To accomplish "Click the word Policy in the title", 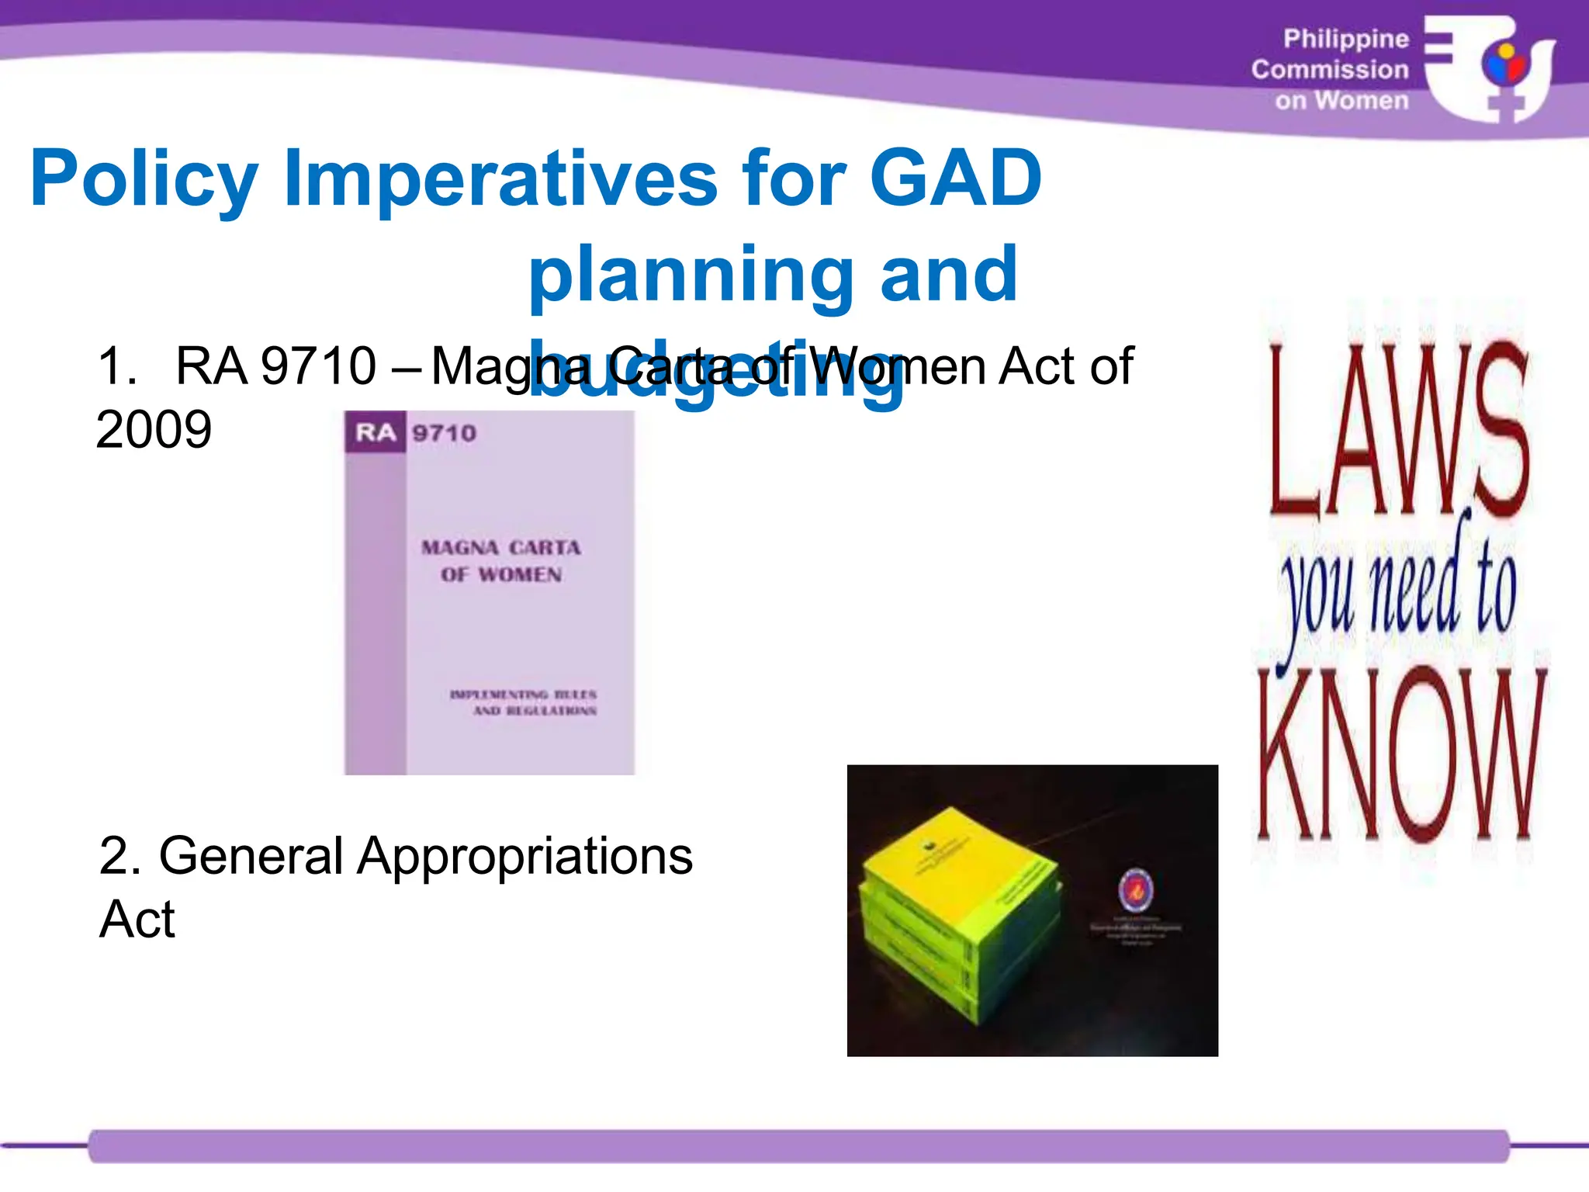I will [144, 180].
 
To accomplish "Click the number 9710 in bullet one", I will [318, 366].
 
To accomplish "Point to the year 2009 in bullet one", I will [154, 429].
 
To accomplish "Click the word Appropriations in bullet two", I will [524, 856].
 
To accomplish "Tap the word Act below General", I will [137, 920].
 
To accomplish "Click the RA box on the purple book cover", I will [376, 432].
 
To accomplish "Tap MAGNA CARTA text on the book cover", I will [500, 548].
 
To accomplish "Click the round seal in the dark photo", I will [1135, 890].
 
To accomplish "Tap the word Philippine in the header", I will [1345, 39].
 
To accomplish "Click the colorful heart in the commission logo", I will [1504, 65].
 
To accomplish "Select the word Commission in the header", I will [1330, 70].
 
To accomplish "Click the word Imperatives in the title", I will [500, 180].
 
